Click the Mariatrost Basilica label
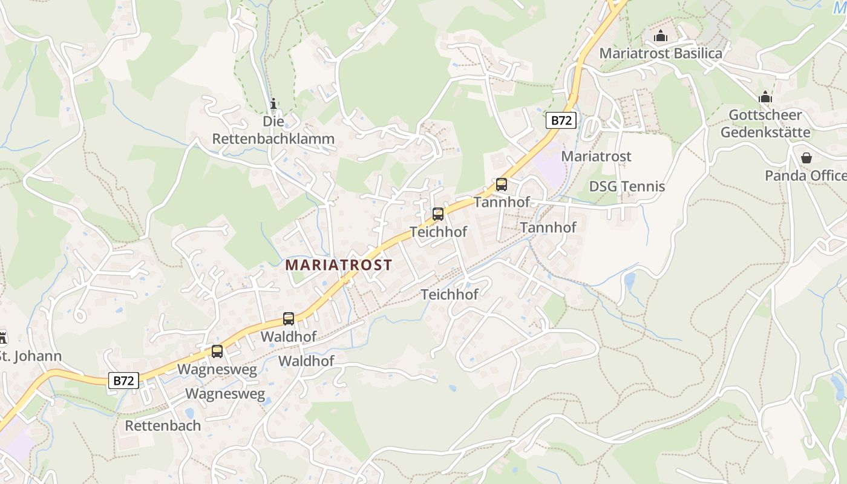[661, 53]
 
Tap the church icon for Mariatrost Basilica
[661, 36]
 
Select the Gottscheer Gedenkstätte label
[765, 123]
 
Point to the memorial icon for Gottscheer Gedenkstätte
[765, 97]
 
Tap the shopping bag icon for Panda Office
[806, 158]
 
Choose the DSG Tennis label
[627, 186]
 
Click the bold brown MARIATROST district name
[339, 265]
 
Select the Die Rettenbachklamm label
[273, 130]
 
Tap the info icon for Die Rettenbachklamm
[273, 104]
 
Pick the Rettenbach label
[163, 425]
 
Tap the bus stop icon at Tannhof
[501, 185]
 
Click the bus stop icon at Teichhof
[437, 214]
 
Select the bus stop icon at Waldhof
[289, 318]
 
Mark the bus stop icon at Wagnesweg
[217, 351]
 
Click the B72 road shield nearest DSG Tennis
[561, 120]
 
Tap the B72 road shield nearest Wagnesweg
[124, 381]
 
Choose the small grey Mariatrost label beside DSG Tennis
[596, 156]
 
